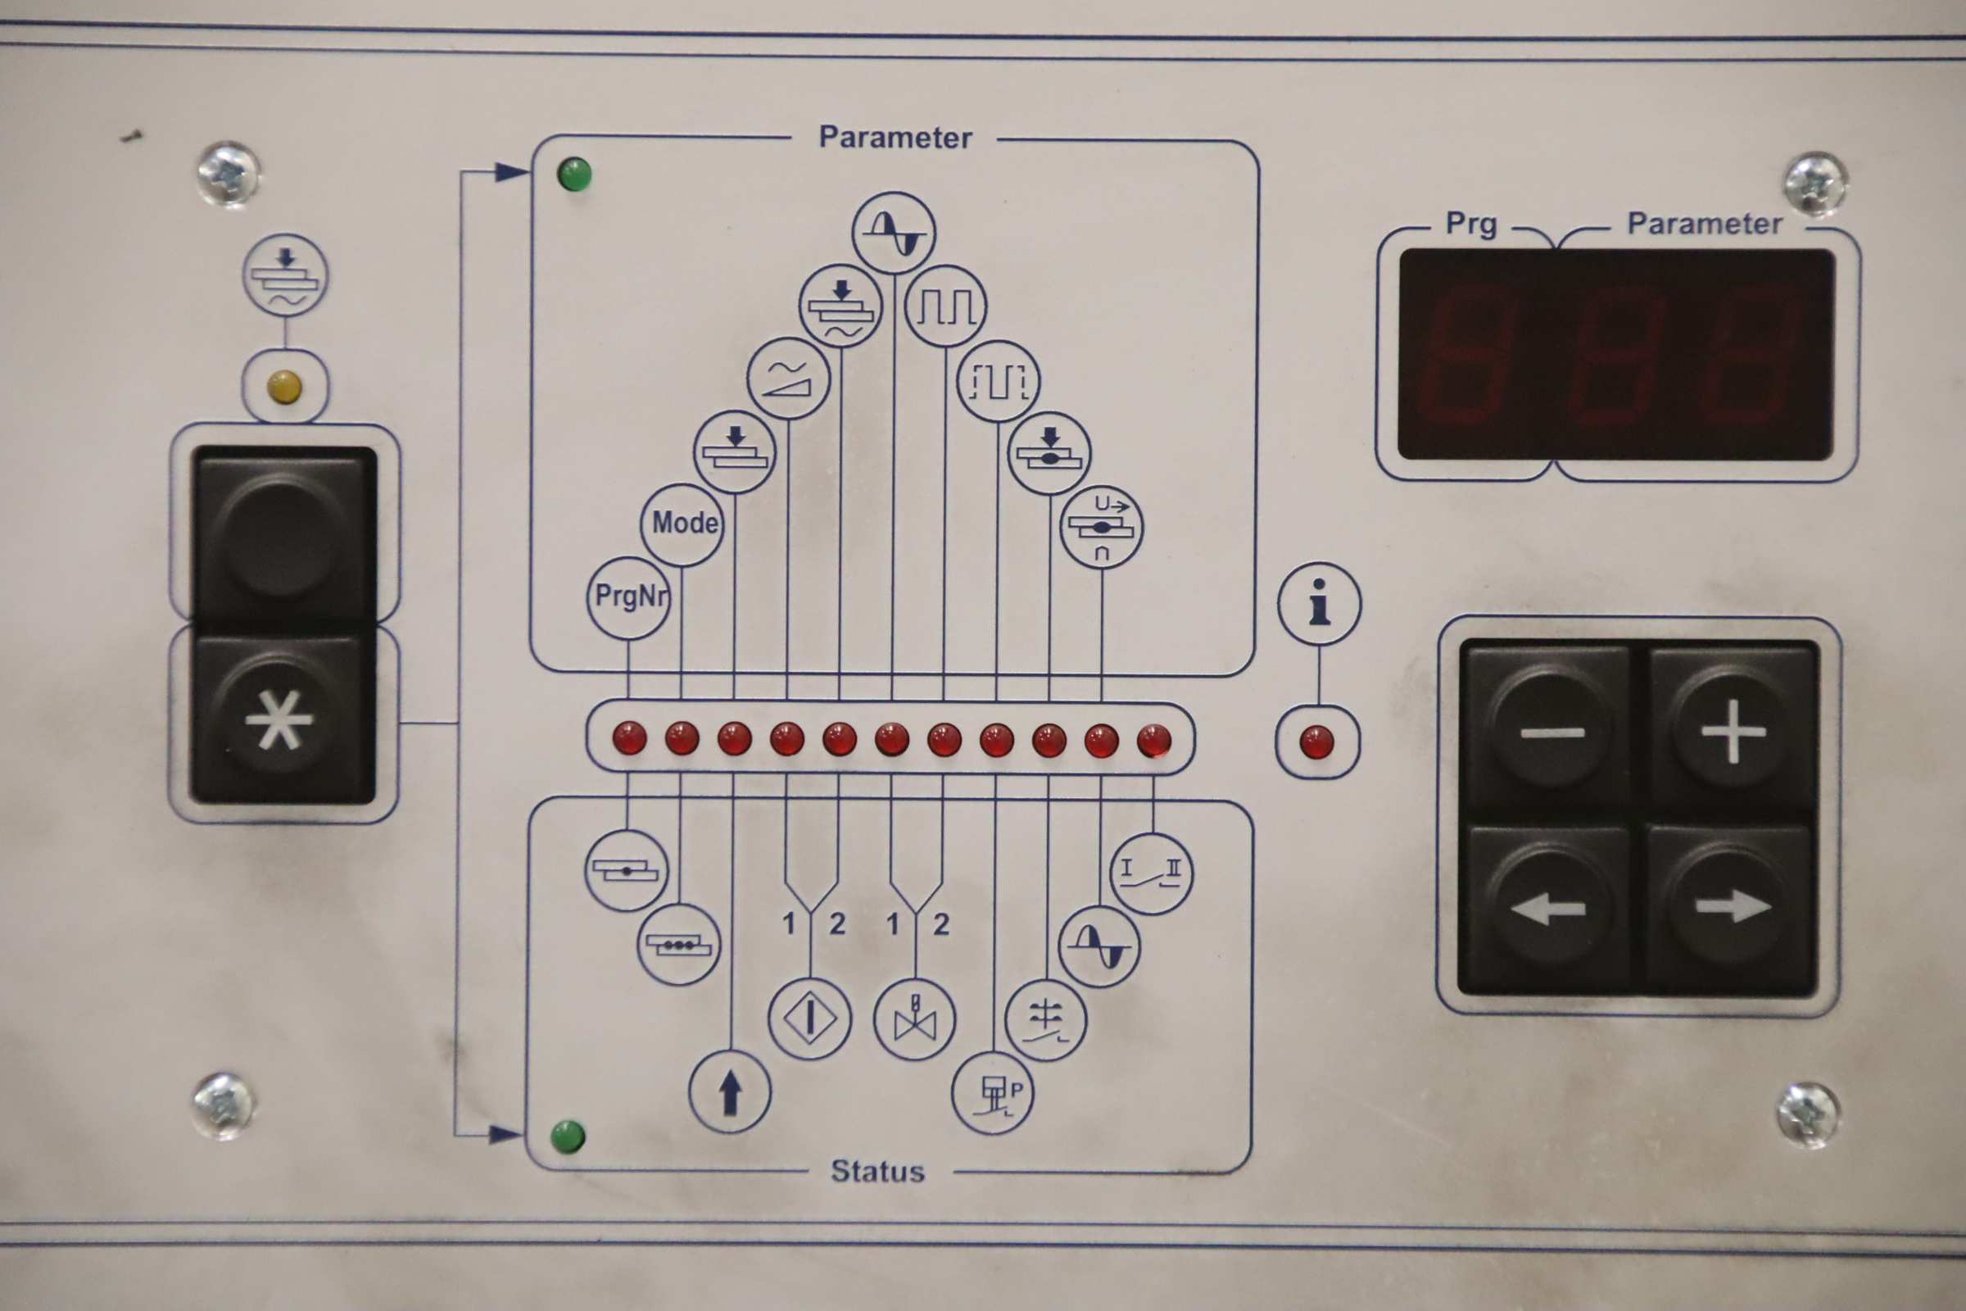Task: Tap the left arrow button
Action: [x=1548, y=908]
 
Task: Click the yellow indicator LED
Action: [x=284, y=386]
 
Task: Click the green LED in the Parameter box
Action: [x=574, y=175]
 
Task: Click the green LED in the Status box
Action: [x=569, y=1136]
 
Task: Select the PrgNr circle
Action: [x=628, y=598]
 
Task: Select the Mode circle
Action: [x=682, y=524]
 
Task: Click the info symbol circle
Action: [x=1319, y=603]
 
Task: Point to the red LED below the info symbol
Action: [x=1317, y=742]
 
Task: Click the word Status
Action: [x=877, y=1172]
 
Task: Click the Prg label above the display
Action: [x=1471, y=224]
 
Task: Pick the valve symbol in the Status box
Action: [x=914, y=1019]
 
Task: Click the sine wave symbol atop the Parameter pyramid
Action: [x=894, y=234]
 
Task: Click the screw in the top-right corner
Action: [x=1814, y=183]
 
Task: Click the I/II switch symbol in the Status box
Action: [x=1152, y=873]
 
